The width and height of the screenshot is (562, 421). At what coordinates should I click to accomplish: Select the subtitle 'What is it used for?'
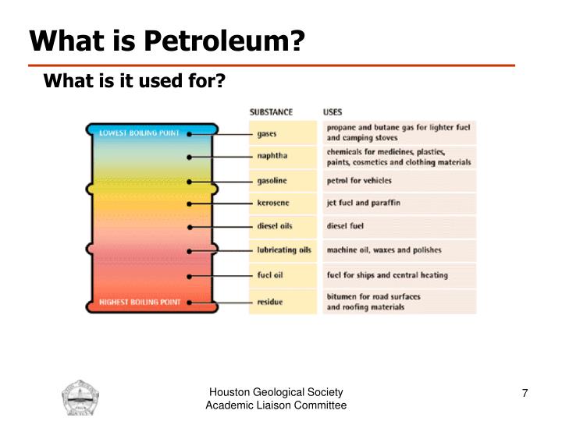(133, 80)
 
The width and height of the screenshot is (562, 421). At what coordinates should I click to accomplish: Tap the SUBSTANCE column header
(271, 111)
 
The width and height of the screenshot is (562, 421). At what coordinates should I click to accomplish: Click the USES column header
(333, 111)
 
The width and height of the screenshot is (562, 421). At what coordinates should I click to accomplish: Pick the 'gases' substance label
(266, 133)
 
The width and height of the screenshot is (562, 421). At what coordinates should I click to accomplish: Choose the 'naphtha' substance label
(272, 156)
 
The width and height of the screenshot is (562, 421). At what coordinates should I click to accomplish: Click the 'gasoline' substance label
(272, 180)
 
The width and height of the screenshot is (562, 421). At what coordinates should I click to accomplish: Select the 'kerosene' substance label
(272, 203)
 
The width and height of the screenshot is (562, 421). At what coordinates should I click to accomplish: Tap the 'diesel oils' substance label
(275, 226)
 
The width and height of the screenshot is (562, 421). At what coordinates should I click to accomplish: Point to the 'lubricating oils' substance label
(284, 250)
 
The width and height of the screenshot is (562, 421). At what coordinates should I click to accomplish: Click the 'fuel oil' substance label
(270, 274)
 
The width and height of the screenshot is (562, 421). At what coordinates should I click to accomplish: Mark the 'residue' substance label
(270, 300)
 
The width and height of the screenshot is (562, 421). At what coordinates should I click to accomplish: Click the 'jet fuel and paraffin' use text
(363, 203)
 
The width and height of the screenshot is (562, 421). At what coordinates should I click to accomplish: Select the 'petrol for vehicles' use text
(359, 180)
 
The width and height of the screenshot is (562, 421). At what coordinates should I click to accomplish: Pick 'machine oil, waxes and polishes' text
(383, 250)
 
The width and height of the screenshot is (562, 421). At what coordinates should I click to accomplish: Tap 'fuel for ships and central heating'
(387, 274)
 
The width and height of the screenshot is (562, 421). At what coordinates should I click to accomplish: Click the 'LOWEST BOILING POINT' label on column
(139, 133)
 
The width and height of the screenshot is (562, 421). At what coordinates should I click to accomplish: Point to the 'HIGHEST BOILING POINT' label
(140, 301)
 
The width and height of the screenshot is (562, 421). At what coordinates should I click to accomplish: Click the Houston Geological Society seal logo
(81, 398)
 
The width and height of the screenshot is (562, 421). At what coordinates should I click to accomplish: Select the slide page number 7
(525, 393)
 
